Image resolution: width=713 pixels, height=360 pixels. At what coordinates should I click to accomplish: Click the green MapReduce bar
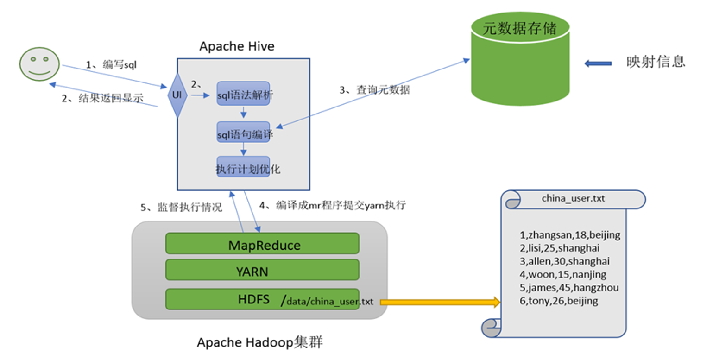pyautogui.click(x=262, y=244)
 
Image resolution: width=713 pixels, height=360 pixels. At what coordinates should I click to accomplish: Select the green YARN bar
pyautogui.click(x=262, y=270)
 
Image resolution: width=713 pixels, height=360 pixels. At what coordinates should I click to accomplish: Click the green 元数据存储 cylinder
pyautogui.click(x=520, y=60)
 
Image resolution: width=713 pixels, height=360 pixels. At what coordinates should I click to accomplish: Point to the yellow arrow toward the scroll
pyautogui.click(x=440, y=303)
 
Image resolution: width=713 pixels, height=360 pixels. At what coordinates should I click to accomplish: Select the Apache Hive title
pyautogui.click(x=237, y=46)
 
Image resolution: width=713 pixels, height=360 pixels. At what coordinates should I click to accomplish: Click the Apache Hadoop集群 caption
pyautogui.click(x=260, y=342)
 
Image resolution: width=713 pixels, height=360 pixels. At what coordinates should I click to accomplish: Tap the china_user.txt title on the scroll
pyautogui.click(x=573, y=199)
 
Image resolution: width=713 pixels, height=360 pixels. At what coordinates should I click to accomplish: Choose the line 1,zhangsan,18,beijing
pyautogui.click(x=570, y=235)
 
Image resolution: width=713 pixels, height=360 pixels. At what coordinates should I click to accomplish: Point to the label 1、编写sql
pyautogui.click(x=112, y=64)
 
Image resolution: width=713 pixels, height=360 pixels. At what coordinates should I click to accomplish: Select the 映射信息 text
pyautogui.click(x=656, y=63)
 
